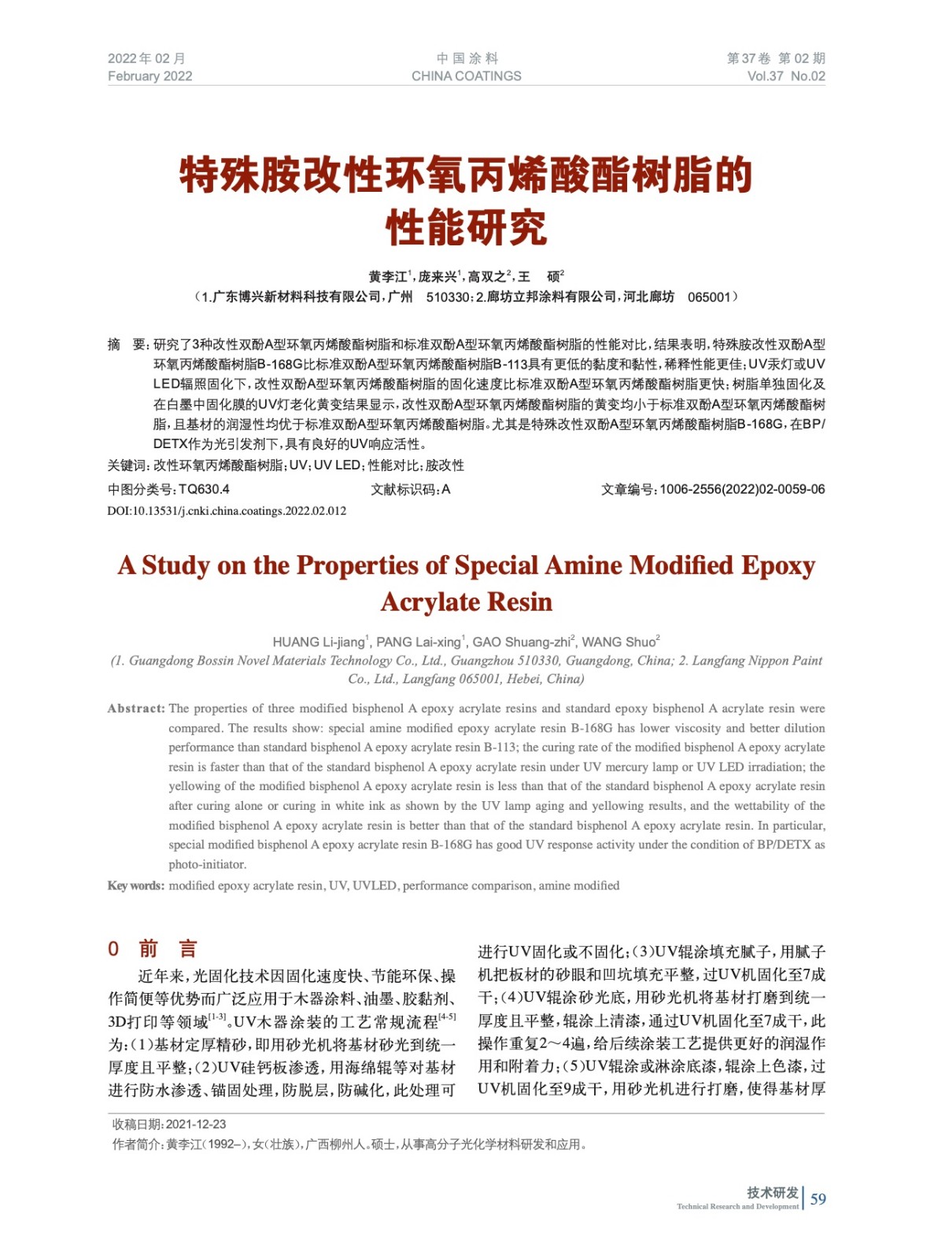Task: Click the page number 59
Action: [818, 1199]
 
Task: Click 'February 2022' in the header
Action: [150, 76]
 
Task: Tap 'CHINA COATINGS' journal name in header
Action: [466, 76]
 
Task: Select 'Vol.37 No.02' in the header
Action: [785, 76]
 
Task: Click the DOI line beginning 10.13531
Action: [227, 511]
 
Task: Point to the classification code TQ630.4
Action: [204, 489]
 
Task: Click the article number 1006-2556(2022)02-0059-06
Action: [742, 489]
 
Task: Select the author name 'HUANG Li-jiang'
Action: [319, 642]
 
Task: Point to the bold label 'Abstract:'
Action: [136, 708]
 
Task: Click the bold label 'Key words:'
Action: [136, 885]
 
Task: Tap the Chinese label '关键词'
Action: [127, 465]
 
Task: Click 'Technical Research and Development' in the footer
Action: [737, 1206]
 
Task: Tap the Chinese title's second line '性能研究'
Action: [466, 228]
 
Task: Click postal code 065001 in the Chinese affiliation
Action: [708, 297]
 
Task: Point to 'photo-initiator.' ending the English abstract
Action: [208, 864]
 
